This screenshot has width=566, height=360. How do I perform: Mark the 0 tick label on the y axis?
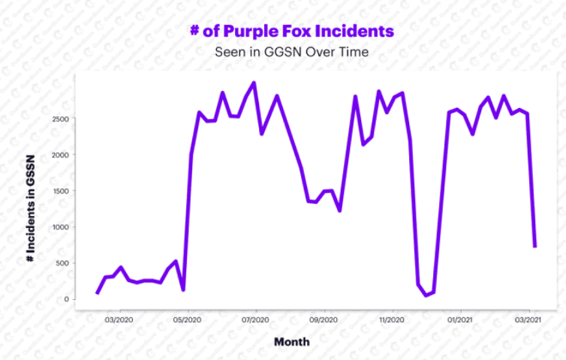point(67,298)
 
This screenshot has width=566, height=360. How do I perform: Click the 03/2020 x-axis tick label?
point(120,318)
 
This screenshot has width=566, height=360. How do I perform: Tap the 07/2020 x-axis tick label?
point(256,318)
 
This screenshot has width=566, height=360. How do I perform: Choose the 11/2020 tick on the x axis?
point(392,318)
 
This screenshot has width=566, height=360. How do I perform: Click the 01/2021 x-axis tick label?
point(459,318)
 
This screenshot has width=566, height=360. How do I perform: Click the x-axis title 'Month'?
point(291,341)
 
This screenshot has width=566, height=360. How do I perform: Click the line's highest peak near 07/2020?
point(254,82)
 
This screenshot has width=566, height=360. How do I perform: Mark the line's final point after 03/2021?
point(534,246)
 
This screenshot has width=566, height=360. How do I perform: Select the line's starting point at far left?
point(98,292)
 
